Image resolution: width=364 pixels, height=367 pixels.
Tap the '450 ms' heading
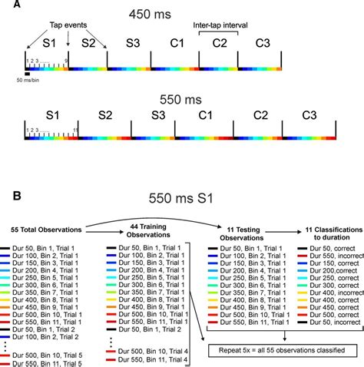181,13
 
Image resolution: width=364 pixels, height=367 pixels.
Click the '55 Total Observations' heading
45,230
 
